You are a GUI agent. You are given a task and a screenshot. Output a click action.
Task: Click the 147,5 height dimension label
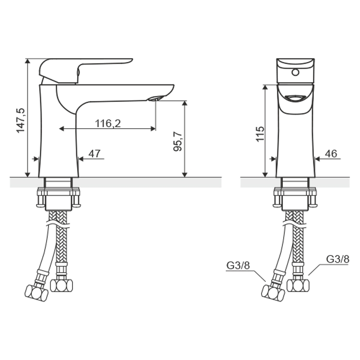[21, 120]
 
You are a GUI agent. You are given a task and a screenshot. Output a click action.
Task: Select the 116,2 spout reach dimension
[108, 123]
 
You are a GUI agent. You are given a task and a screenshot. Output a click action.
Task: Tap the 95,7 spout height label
[178, 142]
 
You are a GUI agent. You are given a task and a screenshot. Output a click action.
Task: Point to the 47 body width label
[95, 154]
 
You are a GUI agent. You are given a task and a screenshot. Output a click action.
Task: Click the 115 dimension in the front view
[260, 134]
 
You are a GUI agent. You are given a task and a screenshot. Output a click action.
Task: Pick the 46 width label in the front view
[331, 154]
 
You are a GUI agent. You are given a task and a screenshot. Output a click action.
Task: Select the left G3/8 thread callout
[238, 265]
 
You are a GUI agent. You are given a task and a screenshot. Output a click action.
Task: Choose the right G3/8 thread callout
[338, 259]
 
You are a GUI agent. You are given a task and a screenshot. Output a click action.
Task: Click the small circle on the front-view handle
[295, 72]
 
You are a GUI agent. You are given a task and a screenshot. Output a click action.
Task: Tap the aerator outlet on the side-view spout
[154, 98]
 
